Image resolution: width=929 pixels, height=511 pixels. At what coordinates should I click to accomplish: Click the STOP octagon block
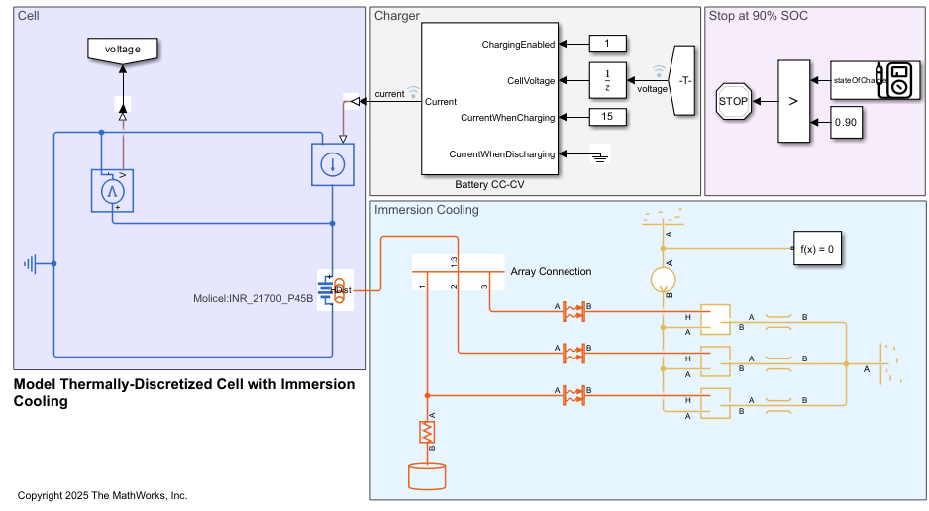(733, 101)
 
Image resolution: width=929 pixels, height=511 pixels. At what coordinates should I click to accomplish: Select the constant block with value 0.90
(845, 122)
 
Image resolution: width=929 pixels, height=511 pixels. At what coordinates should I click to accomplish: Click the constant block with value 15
(608, 117)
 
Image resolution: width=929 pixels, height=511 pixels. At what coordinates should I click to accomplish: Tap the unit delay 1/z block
(608, 80)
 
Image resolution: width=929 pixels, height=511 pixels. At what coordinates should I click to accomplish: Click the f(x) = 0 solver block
(821, 249)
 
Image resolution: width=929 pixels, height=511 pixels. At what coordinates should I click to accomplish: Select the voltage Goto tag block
(122, 49)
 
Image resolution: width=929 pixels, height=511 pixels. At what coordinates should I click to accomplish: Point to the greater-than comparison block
(791, 101)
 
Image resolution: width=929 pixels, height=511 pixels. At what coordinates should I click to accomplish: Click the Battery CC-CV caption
(489, 184)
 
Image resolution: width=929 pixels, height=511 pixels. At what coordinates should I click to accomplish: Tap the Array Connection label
(551, 271)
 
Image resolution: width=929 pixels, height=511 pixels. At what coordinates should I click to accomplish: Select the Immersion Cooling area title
(426, 210)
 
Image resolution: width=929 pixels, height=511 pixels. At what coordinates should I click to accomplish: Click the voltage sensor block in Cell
(113, 190)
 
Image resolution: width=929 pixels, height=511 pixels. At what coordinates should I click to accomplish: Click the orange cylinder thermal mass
(428, 476)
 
